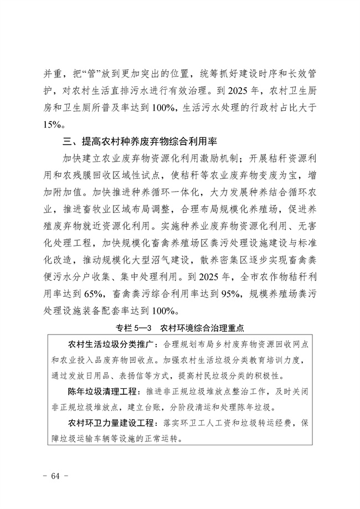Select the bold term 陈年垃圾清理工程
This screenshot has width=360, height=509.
[x=104, y=391]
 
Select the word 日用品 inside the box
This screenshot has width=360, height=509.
[x=115, y=375]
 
